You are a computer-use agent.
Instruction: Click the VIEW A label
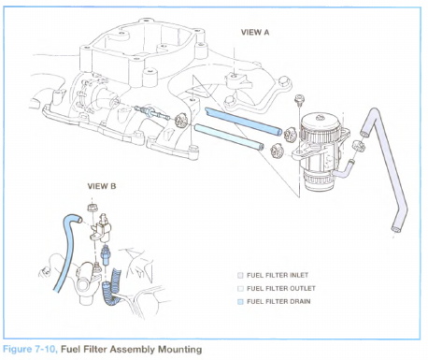255,32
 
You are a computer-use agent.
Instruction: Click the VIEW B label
102,186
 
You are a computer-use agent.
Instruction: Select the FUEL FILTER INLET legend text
278,275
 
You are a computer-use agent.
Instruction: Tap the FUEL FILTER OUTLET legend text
281,288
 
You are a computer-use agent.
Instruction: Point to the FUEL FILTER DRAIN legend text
278,301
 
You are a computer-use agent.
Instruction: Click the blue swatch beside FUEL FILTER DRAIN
240,302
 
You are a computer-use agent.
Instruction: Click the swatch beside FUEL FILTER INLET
240,276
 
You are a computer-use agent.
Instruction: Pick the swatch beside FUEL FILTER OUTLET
240,289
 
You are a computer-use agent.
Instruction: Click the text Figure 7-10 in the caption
30,350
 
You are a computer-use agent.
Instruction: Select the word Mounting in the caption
179,350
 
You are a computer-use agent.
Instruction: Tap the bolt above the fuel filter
299,100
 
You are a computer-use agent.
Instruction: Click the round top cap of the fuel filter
320,122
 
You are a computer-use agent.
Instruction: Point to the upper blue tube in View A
243,122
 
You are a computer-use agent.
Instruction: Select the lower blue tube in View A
229,137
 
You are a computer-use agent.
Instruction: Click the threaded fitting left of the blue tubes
152,112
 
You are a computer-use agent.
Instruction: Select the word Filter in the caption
95,350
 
